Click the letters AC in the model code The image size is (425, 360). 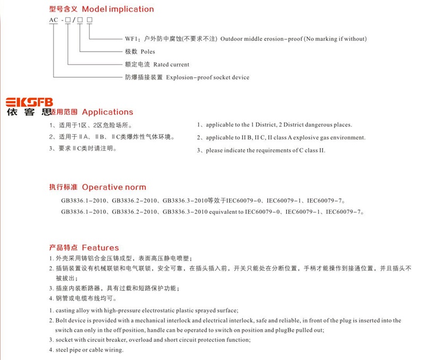54,20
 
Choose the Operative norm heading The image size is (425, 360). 114,187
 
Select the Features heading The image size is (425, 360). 100,248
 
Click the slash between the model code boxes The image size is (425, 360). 73,20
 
